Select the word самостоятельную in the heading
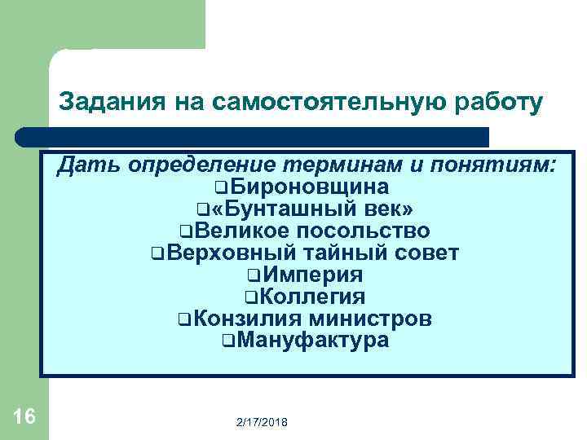pyautogui.click(x=326, y=102)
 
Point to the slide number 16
pyautogui.click(x=24, y=417)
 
